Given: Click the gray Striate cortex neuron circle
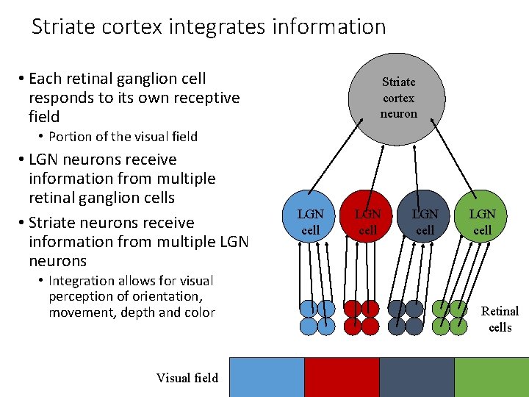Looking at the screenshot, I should click(398, 97).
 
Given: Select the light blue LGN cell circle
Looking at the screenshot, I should click(311, 221).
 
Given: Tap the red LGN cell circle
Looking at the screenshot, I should click(367, 221).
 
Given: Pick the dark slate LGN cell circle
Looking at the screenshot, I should click(425, 221).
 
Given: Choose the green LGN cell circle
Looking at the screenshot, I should click(482, 221).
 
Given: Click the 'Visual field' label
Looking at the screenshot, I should click(187, 378).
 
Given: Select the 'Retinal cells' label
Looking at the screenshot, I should click(500, 319).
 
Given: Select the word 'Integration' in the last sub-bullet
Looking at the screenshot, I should click(82, 281).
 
